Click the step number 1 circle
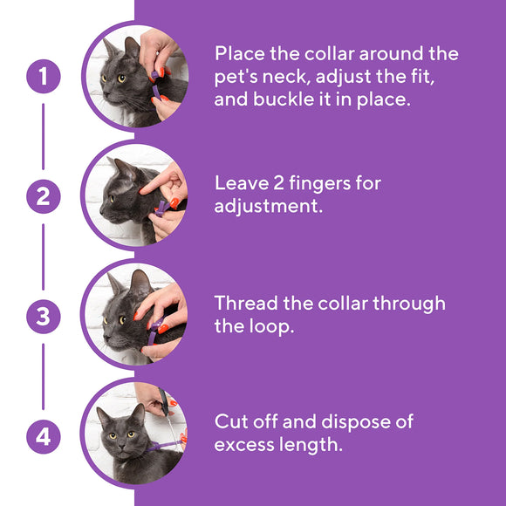(x=43, y=77)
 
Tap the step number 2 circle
(x=43, y=197)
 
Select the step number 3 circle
(x=43, y=317)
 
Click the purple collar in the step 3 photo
(x=154, y=331)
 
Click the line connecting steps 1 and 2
(x=43, y=137)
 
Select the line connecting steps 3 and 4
(x=43, y=376)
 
